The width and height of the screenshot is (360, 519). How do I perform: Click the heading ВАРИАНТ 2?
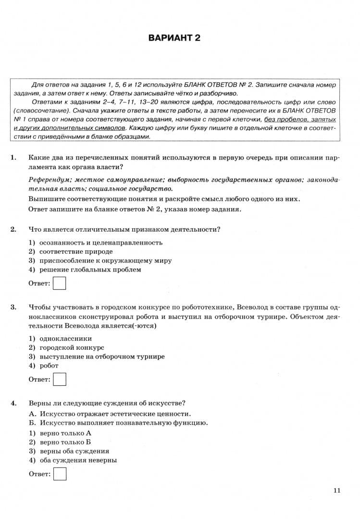(174, 38)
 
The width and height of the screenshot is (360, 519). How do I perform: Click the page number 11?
(336, 490)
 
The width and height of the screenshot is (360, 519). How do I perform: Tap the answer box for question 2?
(60, 283)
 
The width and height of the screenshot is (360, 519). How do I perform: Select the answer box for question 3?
(60, 379)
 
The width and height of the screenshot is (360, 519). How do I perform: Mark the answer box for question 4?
(60, 474)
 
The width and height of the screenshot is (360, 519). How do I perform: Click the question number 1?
(13, 157)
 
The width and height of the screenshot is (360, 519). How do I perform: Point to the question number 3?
(13, 307)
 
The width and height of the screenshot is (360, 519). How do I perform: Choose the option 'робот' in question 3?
(49, 366)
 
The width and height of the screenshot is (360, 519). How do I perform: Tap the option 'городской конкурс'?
(72, 347)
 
